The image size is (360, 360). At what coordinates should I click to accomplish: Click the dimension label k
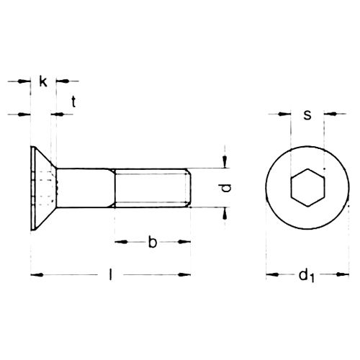pos(44,82)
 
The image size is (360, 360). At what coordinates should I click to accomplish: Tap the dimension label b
pos(152,242)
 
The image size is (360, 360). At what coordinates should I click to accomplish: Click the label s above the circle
pos(307,114)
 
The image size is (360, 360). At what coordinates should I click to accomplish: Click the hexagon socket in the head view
pos(307,189)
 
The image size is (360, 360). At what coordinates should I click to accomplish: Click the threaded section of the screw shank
pos(151,188)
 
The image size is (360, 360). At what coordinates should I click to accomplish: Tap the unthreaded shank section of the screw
pos(85,188)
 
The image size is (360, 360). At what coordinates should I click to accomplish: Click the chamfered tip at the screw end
pos(189,188)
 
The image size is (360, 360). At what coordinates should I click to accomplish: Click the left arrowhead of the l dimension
pos(36,274)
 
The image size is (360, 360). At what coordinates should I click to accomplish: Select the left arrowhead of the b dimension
pos(119,243)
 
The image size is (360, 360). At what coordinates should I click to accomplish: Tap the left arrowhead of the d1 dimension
pos(271,274)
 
